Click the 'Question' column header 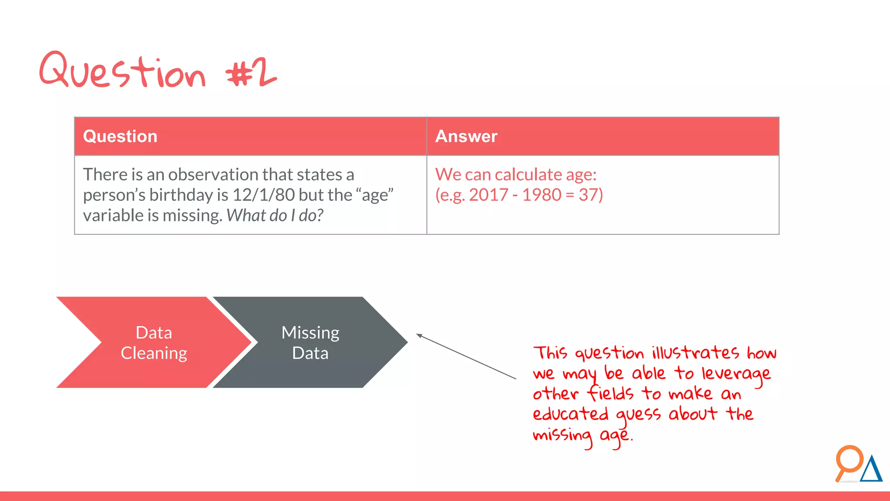pos(120,137)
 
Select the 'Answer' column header pos(466,137)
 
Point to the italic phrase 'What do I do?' pos(275,216)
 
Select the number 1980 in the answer pos(541,195)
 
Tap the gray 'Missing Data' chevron pos(310,343)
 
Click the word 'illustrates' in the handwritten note pos(695,352)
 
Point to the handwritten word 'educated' pos(571,414)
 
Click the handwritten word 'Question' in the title pos(122,71)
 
